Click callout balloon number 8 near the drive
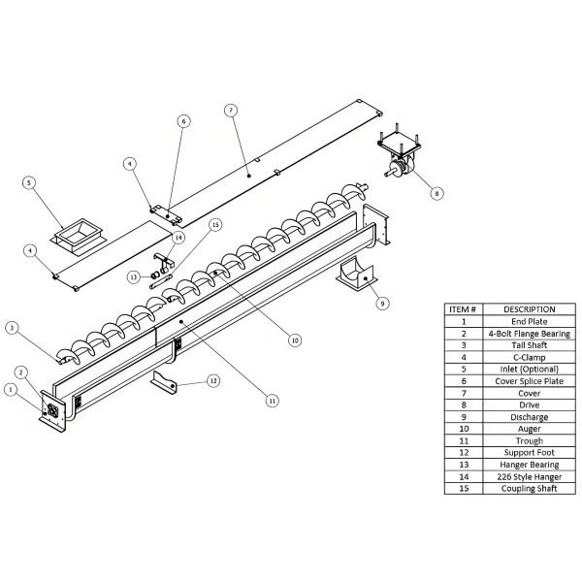[x=436, y=193]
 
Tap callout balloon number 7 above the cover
[x=230, y=110]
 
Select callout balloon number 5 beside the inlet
[x=29, y=181]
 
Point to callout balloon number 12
[x=213, y=380]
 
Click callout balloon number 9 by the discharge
[x=382, y=303]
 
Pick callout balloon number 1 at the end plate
[x=12, y=390]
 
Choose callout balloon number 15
[x=215, y=224]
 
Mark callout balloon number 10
[x=294, y=340]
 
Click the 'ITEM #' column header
[x=463, y=308]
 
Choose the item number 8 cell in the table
[x=463, y=404]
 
